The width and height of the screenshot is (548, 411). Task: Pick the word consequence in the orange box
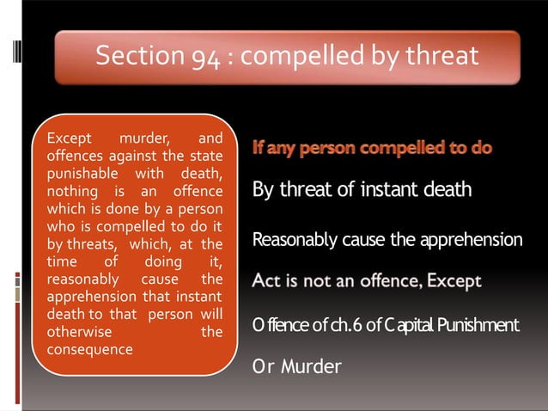point(89,349)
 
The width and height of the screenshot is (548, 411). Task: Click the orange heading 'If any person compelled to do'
point(372,148)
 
